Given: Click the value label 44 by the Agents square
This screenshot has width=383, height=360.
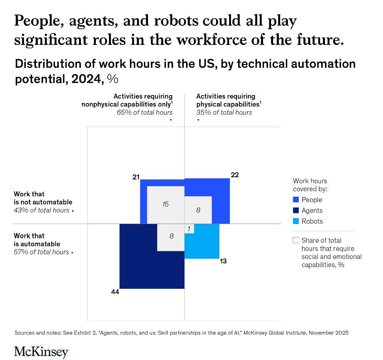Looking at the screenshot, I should pos(115,292).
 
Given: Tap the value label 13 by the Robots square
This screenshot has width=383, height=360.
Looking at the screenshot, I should pos(223,261).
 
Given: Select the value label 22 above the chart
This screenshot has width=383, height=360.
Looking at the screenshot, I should pos(235,175).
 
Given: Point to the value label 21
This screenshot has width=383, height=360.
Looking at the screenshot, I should pos(136,177).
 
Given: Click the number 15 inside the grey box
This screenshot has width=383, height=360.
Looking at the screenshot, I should pos(165,204).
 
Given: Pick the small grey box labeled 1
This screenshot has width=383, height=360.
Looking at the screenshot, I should pos(189,229).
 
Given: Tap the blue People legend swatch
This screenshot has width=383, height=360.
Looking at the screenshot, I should pos(296,200).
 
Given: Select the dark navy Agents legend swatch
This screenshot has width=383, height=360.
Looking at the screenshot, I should pos(296,211).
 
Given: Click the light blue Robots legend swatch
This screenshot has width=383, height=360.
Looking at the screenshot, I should pos(296,221).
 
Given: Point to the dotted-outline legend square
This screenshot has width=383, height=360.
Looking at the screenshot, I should pos(296,240).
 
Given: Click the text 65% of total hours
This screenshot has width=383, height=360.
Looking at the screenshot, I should pos(145,112).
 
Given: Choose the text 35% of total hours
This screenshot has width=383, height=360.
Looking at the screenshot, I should pos(224,112).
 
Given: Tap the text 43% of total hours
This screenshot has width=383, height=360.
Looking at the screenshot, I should pos(42,211).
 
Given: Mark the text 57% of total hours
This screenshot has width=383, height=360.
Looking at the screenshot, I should pos(42,252).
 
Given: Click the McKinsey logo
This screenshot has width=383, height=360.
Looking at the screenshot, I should pos(41,352).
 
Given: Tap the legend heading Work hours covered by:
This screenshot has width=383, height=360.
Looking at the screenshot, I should pos(310,185).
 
